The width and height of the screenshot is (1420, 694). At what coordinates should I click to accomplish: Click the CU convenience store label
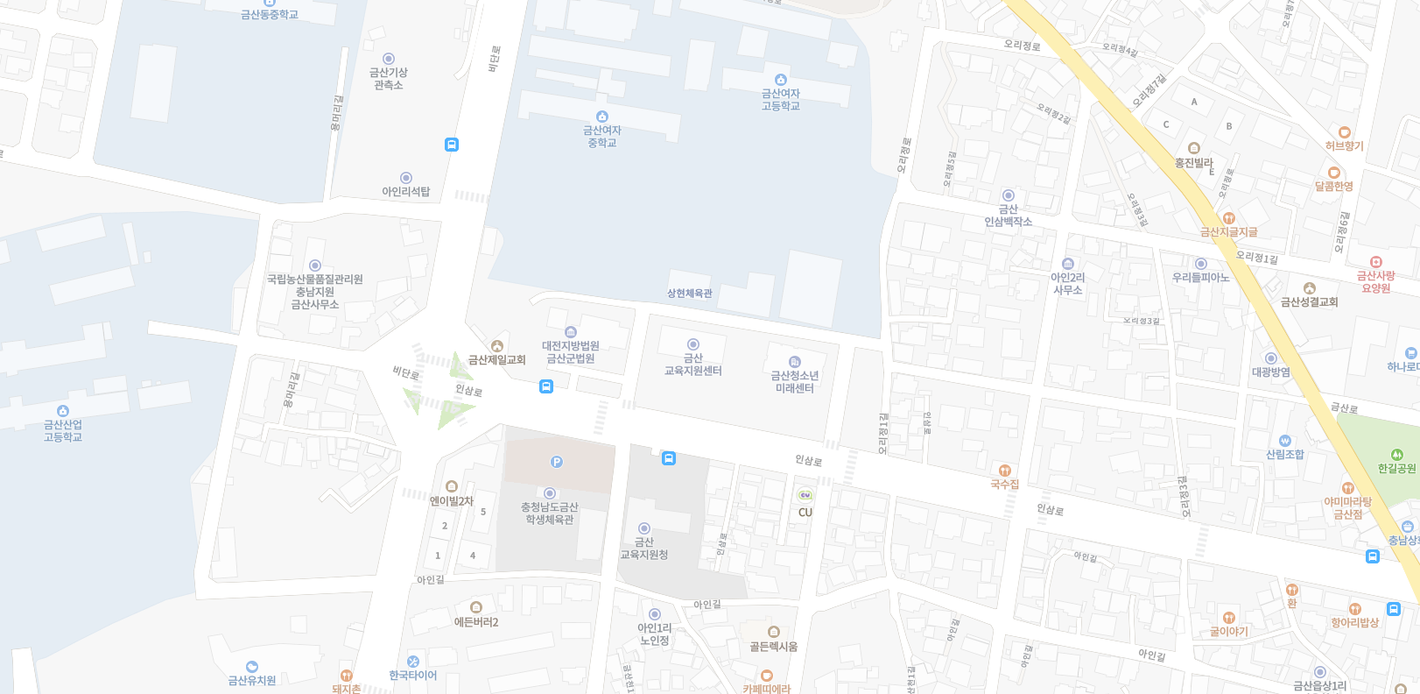805,512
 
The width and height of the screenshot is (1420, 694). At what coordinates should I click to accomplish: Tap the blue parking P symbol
556,462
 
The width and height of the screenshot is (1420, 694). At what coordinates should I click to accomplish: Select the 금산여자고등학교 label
780,99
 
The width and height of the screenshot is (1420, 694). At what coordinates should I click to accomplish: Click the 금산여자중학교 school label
602,136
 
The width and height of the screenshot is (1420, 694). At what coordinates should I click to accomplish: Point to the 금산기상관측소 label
388,78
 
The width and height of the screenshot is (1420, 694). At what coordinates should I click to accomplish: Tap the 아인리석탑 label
405,191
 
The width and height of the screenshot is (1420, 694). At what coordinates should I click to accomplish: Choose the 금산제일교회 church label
496,359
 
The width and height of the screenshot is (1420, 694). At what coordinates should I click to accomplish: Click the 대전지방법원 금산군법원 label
571,351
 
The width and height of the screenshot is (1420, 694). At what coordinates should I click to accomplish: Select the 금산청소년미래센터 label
794,381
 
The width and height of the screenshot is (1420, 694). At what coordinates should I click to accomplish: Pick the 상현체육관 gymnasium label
690,293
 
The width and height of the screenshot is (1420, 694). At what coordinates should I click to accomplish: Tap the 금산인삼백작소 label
1008,216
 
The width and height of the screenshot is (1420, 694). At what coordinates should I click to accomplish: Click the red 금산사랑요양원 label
1375,281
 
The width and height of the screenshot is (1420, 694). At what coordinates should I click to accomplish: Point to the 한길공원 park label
1396,468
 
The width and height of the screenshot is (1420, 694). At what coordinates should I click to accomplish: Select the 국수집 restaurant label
1004,484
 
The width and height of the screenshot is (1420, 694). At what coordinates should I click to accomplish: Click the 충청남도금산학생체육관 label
549,513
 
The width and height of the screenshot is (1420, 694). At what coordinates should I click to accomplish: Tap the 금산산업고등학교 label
62,430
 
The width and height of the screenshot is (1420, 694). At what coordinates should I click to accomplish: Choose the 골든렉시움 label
773,646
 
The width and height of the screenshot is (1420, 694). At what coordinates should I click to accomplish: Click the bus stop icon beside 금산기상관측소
452,145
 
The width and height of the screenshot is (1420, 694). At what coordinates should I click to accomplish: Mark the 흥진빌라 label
1193,162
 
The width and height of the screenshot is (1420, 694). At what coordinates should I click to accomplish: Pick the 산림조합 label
1284,454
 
